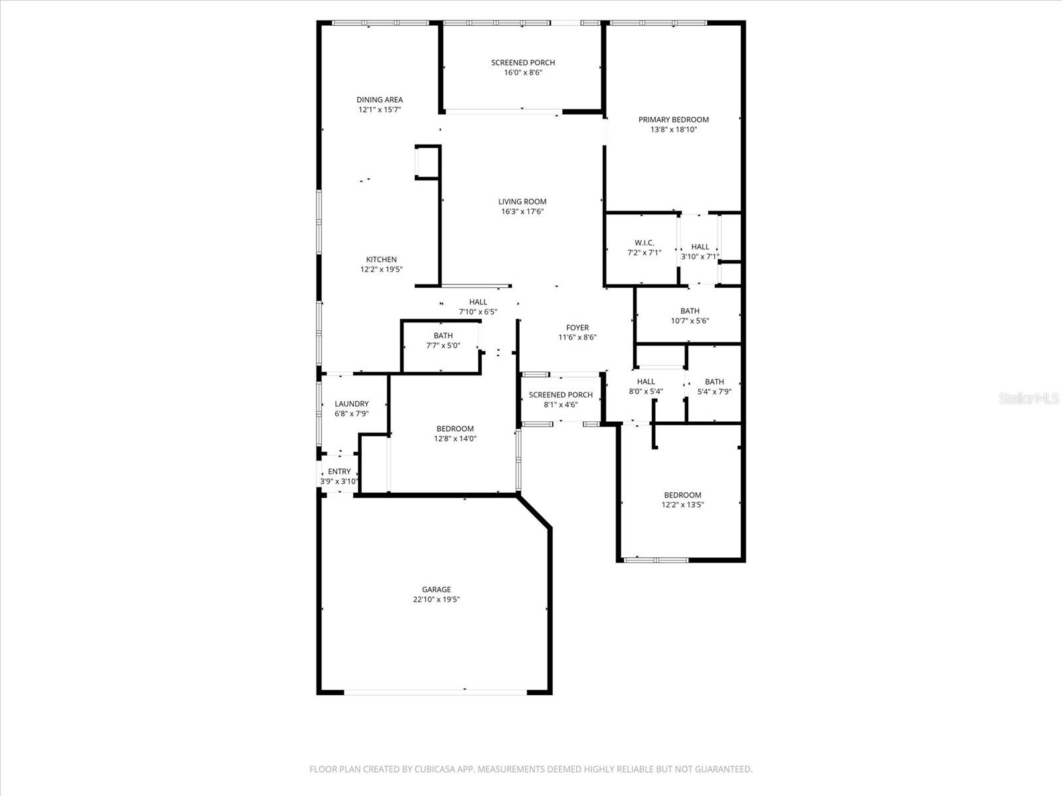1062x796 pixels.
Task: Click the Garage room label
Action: tap(436, 589)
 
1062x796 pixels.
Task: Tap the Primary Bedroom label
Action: tap(673, 119)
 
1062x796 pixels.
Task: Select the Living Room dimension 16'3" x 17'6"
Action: tap(522, 212)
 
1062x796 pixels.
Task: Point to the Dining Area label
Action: tap(379, 99)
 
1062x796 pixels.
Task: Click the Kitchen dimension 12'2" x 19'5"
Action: tap(381, 269)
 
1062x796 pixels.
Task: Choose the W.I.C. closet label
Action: tap(644, 243)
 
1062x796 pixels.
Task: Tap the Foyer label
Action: tap(577, 327)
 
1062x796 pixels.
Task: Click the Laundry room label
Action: tap(351, 403)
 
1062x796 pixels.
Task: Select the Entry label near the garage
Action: tap(339, 472)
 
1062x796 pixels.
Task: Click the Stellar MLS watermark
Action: tap(1028, 399)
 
